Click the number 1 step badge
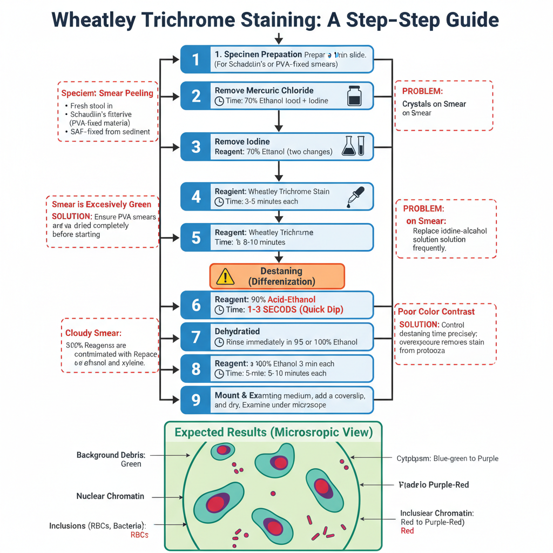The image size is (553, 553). (195, 59)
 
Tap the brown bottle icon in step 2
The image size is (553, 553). (354, 96)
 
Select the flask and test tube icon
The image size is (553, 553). (353, 146)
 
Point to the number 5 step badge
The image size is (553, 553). (195, 237)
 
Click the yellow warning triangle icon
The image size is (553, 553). (225, 276)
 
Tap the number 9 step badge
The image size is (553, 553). (195, 400)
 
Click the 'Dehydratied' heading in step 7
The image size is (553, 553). (237, 331)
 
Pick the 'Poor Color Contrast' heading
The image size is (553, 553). (436, 312)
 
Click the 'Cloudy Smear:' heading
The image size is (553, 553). (93, 333)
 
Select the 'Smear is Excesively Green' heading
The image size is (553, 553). (102, 205)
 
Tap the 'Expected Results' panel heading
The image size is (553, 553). (274, 433)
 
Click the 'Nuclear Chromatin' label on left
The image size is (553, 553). (110, 496)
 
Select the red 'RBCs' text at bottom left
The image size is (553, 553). (139, 535)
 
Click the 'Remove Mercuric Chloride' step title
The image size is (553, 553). (264, 90)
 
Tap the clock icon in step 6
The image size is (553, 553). (219, 311)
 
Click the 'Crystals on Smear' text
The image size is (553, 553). (434, 104)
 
